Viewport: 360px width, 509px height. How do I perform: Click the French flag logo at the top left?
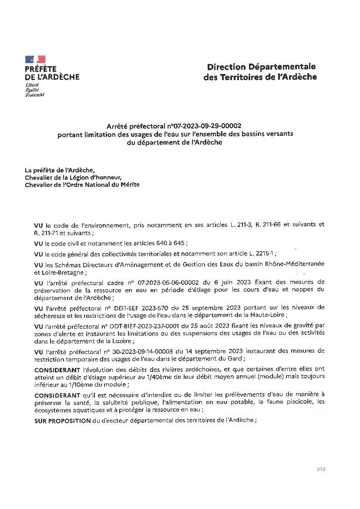coord(35,59)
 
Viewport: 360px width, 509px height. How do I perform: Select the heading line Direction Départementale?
coord(261,67)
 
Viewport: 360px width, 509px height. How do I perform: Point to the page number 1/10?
coord(321,469)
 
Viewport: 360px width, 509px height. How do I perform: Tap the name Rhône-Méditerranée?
coord(290,264)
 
